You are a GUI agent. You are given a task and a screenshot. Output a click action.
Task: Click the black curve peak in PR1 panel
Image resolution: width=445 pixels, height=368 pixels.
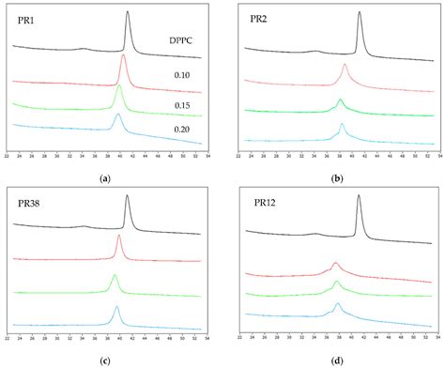128,13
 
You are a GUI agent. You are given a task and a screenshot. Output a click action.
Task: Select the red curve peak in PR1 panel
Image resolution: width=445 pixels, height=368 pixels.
123,55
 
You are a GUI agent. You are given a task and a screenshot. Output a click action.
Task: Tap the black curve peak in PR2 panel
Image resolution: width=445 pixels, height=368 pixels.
359,13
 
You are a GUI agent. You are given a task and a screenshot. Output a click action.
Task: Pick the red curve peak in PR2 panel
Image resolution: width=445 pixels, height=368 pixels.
345,65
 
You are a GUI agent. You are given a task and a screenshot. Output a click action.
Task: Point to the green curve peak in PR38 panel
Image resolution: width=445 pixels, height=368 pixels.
115,275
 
